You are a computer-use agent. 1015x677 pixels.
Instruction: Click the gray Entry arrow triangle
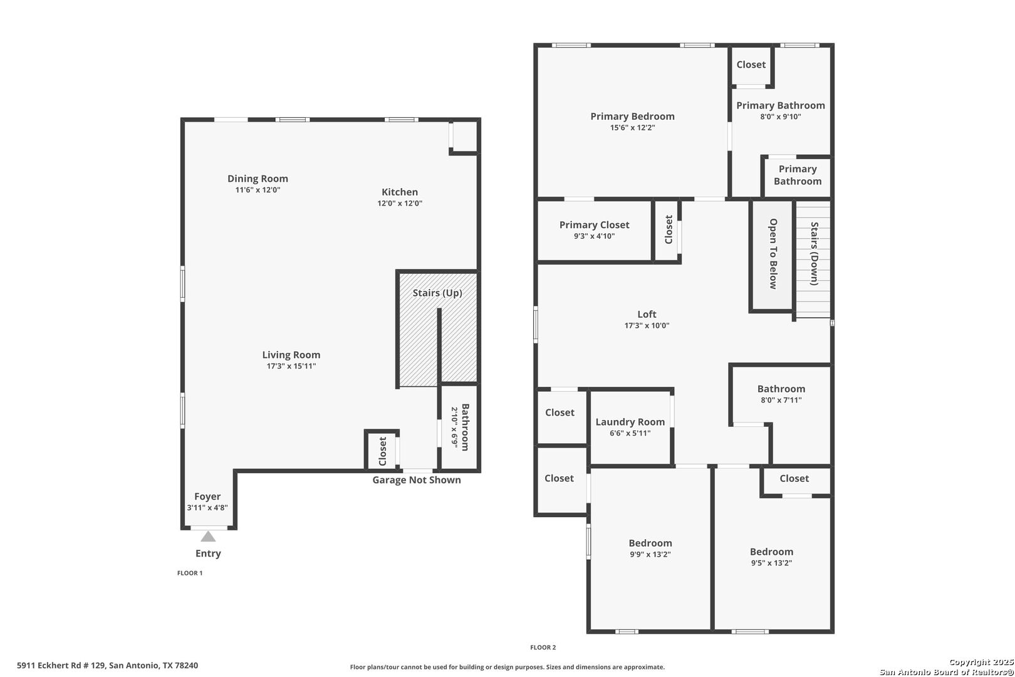pos(208,537)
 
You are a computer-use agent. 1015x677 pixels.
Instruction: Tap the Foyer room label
pos(207,496)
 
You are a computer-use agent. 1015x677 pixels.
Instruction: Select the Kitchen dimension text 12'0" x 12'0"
pos(400,204)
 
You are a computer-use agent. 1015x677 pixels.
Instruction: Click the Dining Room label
pos(258,179)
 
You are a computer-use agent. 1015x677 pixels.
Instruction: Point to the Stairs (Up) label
pos(437,293)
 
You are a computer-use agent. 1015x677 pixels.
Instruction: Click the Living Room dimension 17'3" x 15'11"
pos(291,366)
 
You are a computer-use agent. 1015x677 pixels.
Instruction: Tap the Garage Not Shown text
pos(417,480)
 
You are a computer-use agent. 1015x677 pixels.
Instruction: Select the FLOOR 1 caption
pos(190,573)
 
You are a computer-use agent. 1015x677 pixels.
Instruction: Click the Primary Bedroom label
pos(633,117)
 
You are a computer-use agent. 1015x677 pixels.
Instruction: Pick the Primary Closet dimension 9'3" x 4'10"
pos(594,236)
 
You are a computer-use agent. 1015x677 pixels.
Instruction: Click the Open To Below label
pos(773,254)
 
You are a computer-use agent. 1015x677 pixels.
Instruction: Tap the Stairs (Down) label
pos(815,253)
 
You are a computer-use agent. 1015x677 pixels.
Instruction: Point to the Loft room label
pos(647,314)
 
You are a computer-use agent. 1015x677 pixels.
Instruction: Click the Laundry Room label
pos(630,422)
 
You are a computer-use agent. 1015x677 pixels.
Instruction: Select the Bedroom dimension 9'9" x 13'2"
pos(650,555)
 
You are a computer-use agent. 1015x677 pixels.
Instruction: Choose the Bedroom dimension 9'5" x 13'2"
pos(771,563)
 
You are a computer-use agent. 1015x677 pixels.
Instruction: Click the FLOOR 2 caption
pos(543,648)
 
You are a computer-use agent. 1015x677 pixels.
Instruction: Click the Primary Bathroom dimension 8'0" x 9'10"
pos(780,117)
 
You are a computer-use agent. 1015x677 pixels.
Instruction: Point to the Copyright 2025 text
pos(981,663)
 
